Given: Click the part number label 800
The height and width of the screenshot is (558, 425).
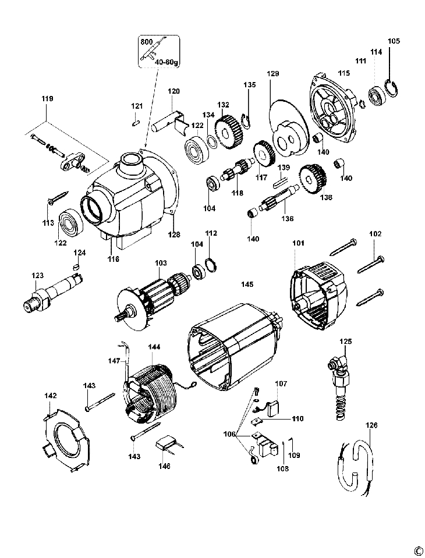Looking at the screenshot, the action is (x=147, y=41).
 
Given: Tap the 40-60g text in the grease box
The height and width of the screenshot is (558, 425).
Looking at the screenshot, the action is (x=167, y=62).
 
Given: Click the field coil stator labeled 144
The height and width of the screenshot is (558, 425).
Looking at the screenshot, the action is (x=150, y=392).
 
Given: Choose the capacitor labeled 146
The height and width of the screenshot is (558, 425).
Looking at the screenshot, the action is (x=168, y=445).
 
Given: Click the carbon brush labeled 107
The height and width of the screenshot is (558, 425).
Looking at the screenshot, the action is (x=274, y=407).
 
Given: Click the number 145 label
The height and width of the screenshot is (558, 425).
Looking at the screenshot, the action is (x=247, y=285).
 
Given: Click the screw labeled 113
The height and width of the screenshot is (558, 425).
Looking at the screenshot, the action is (x=58, y=198).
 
